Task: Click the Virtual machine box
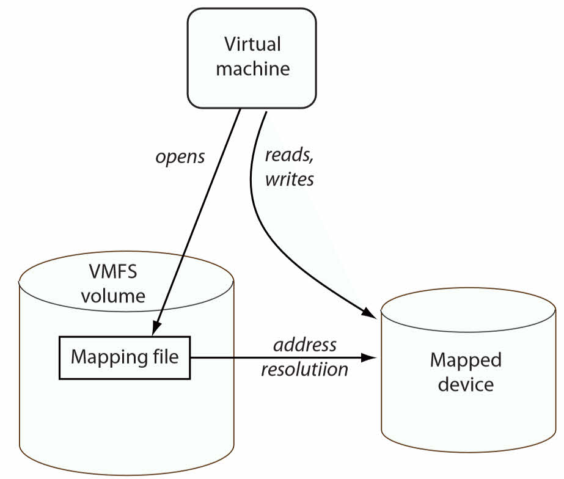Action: [251, 58]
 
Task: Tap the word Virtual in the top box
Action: [252, 45]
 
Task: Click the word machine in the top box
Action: [252, 68]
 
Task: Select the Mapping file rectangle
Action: [125, 357]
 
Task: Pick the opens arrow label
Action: [180, 157]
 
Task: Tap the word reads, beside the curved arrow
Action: [288, 155]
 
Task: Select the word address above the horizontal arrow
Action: [305, 345]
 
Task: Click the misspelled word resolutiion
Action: [304, 370]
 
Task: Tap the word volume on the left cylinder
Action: [113, 296]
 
